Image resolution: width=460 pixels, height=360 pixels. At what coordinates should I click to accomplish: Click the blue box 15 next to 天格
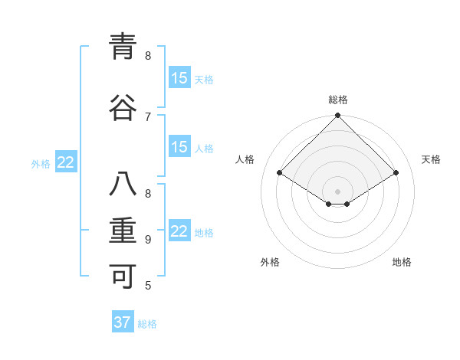pyautogui.click(x=179, y=78)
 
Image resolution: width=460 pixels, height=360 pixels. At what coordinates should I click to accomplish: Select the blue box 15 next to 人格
pyautogui.click(x=179, y=147)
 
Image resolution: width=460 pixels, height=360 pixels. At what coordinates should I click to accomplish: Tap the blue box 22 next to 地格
pyautogui.click(x=179, y=231)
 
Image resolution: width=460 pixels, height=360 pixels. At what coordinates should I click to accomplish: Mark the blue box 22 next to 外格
pyautogui.click(x=66, y=162)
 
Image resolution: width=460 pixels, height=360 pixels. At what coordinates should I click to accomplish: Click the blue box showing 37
pyautogui.click(x=123, y=322)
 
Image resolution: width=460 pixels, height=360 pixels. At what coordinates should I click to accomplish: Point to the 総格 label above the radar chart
pyautogui.click(x=337, y=100)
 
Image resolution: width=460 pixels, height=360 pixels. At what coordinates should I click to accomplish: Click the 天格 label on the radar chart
pyautogui.click(x=431, y=159)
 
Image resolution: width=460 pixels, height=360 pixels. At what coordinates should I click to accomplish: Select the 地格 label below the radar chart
pyautogui.click(x=402, y=262)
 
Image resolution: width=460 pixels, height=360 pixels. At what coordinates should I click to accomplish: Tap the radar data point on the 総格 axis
pyautogui.click(x=337, y=116)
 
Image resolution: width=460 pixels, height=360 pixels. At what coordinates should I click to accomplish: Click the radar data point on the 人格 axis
pyautogui.click(x=280, y=173)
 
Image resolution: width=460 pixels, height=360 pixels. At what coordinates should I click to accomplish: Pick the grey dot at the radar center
pyautogui.click(x=337, y=190)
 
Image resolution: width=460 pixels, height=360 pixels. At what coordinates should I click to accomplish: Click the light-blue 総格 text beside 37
pyautogui.click(x=147, y=324)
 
